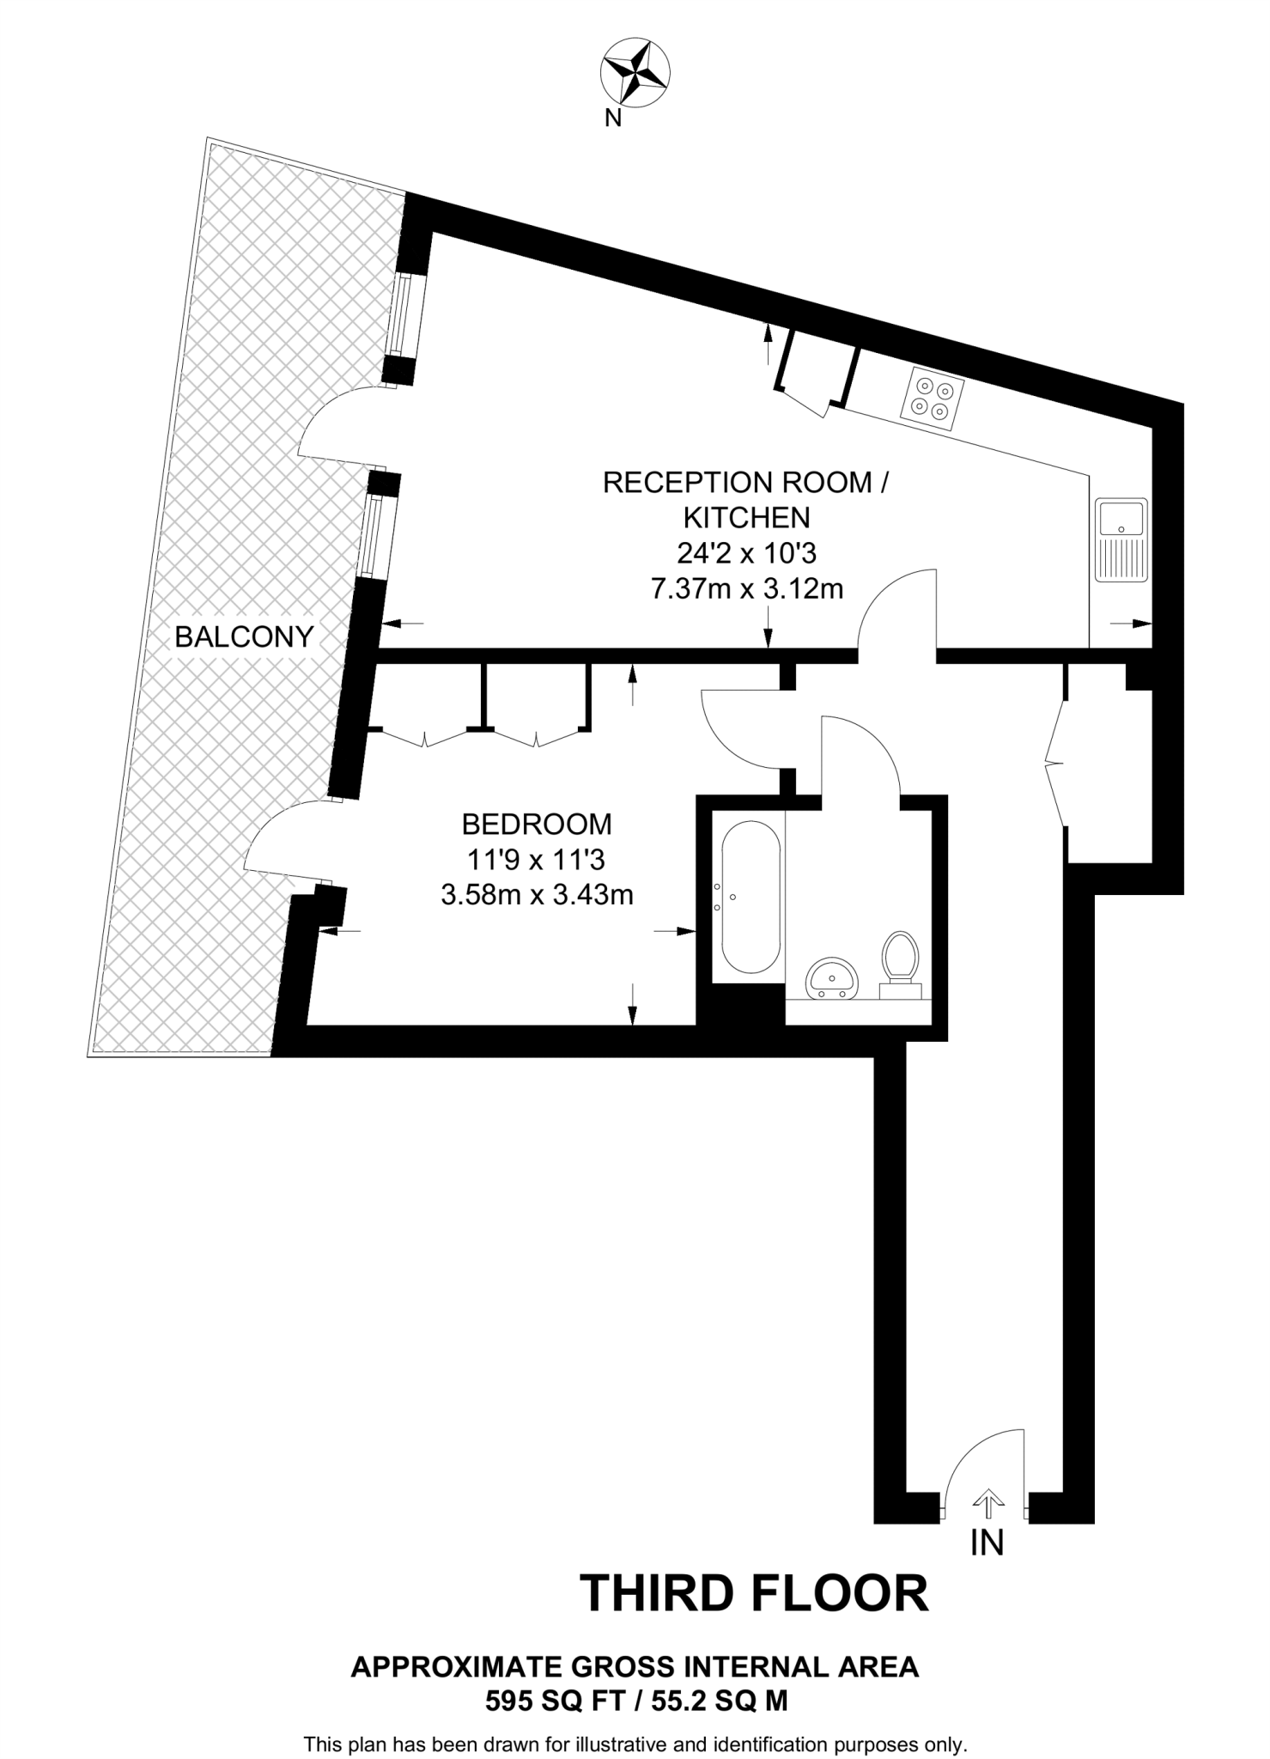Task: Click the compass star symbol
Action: [x=635, y=72]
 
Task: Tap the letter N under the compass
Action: [x=613, y=119]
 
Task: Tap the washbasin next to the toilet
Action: [x=831, y=978]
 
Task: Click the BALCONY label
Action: [x=244, y=637]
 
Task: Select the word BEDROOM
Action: [x=537, y=825]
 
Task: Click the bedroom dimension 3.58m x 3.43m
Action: [x=537, y=895]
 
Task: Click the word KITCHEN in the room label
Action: [x=746, y=518]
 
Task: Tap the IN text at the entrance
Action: [x=987, y=1543]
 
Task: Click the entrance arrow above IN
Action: [x=987, y=1502]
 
